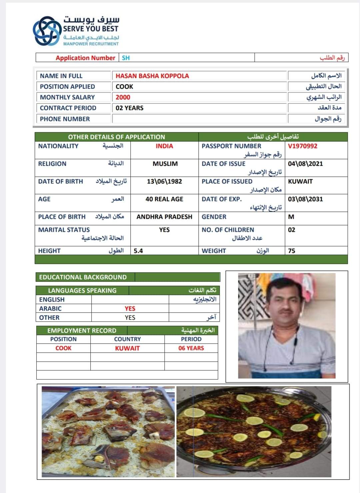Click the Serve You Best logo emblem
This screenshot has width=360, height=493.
[x=48, y=31]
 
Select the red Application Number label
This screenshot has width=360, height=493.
[x=85, y=58]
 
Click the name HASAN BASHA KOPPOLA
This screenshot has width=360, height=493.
[x=152, y=76]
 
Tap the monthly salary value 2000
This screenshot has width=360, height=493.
[x=123, y=97]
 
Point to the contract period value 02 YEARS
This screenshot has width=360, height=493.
[x=129, y=108]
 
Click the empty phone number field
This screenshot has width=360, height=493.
[x=199, y=119]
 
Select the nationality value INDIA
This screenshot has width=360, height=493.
[x=164, y=146]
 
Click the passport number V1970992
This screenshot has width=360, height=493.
[x=302, y=146]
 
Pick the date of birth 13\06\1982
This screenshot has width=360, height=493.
[x=164, y=181]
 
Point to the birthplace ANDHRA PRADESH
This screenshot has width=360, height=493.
[x=164, y=216]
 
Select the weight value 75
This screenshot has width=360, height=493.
[x=291, y=251]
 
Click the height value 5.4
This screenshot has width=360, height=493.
[x=138, y=251]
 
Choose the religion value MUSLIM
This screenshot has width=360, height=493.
[x=165, y=163]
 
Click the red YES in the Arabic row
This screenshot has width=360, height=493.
[x=130, y=308]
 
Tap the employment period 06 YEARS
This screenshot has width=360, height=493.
[x=191, y=348]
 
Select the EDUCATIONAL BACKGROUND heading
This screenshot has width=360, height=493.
[x=83, y=277]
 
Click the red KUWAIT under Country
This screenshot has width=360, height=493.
[x=127, y=348]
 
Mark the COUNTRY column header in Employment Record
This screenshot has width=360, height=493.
[x=127, y=339]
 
